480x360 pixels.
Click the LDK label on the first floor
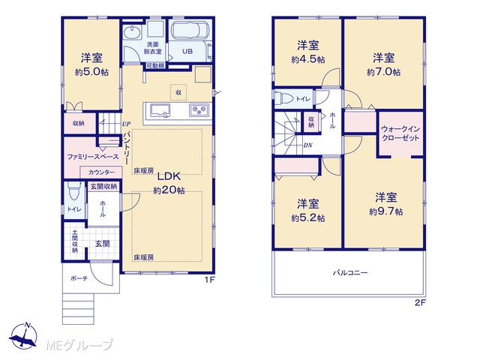(x=169, y=176)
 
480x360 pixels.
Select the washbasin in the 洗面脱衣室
(x=132, y=32)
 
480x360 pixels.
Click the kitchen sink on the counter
(x=159, y=110)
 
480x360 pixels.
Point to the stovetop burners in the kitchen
(x=199, y=110)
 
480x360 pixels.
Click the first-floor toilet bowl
(x=73, y=191)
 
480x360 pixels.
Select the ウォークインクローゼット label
(x=400, y=133)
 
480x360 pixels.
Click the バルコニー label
(x=350, y=272)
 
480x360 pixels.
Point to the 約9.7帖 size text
(x=385, y=211)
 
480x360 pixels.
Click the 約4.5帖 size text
(x=308, y=59)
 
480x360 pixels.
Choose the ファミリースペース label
(x=93, y=157)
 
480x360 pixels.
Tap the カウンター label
(x=102, y=172)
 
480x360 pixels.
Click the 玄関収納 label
(x=103, y=186)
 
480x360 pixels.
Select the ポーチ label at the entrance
(x=79, y=278)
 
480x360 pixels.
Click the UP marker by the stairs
(x=126, y=124)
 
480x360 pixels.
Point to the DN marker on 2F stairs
(x=308, y=145)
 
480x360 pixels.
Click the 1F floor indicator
(x=210, y=280)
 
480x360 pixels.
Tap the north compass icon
(x=24, y=336)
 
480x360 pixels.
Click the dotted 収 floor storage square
(x=178, y=92)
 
